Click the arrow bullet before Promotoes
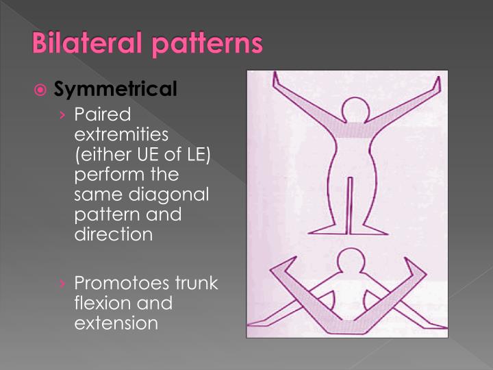point(63,284)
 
